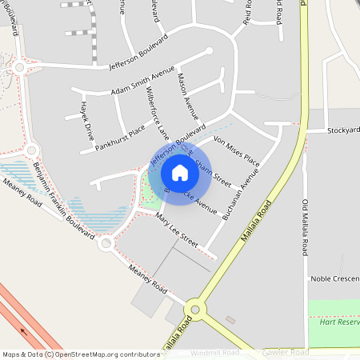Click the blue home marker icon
[x=180, y=172]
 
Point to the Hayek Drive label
[x=86, y=117]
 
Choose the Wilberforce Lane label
[x=154, y=112]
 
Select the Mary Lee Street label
[x=177, y=228]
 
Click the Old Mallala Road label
[x=306, y=227]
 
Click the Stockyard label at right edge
[x=342, y=130]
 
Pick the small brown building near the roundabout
[x=230, y=320]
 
